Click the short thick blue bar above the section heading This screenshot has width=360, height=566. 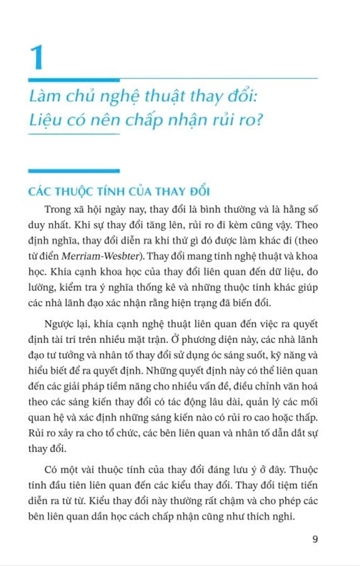(x=74, y=170)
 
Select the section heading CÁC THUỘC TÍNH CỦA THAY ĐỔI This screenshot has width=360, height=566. (x=123, y=191)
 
